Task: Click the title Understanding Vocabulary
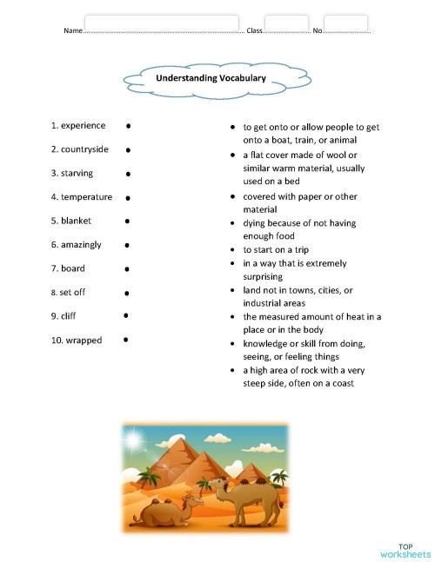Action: pos(211,78)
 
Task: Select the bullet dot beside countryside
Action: pos(130,150)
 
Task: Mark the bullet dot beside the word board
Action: pos(128,269)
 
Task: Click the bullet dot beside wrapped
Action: pos(126,340)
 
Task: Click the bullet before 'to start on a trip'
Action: pos(232,250)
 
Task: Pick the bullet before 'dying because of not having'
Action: pos(232,223)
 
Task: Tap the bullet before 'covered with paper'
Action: pos(232,196)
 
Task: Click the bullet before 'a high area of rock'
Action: pos(232,371)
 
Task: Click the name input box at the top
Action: pos(162,23)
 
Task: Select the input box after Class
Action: pos(286,23)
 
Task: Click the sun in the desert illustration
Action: pos(134,440)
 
